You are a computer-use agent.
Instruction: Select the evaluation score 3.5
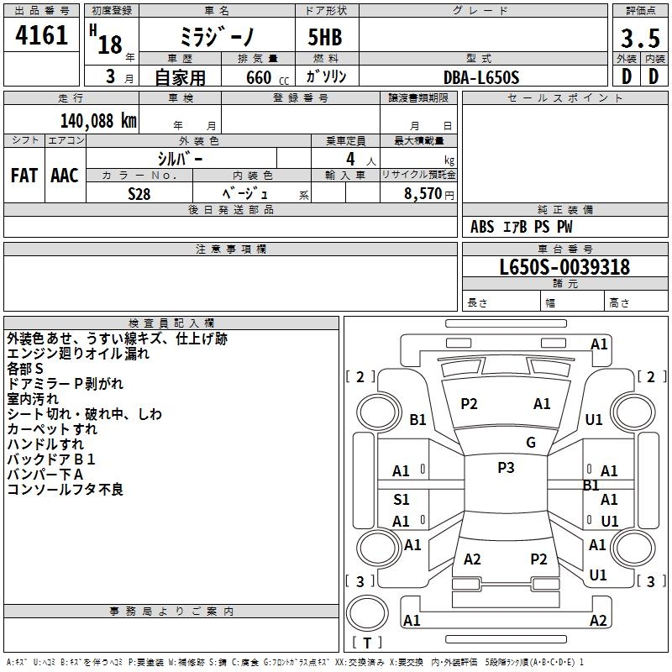coord(639,39)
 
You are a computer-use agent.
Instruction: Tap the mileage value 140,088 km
coord(98,121)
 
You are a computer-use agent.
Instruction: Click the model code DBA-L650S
coord(481,77)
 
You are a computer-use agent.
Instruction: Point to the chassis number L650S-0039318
coord(564,268)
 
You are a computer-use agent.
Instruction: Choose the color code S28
coord(140,193)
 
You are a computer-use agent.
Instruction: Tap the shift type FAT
coord(24,175)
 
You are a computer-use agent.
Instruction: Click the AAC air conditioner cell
coord(65,175)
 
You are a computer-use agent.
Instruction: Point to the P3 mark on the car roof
coord(506,468)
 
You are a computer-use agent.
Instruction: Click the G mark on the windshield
coord(531,443)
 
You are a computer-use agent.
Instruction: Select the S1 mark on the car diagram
coord(402,500)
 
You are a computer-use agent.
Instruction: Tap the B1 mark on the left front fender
coord(418,419)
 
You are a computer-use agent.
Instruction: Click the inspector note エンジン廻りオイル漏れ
coord(78,354)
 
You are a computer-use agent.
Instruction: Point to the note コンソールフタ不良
coord(66,490)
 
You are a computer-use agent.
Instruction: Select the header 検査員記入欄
coord(171,323)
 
